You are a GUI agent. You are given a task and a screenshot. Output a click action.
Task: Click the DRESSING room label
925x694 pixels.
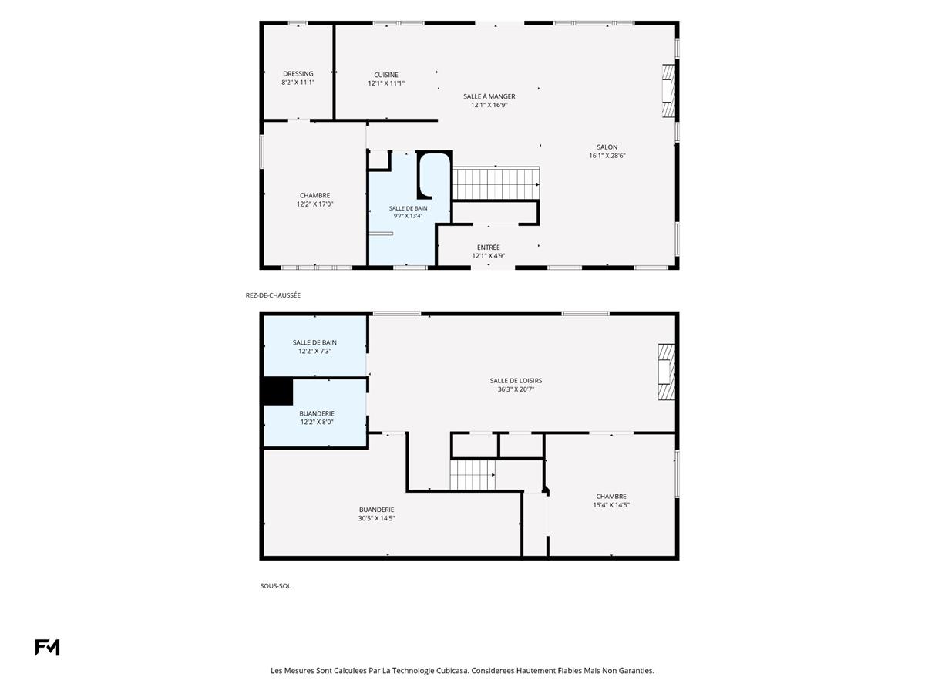point(298,74)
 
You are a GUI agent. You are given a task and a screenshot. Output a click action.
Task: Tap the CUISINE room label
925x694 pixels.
point(386,75)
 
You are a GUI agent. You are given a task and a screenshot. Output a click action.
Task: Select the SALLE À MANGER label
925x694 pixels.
point(489,96)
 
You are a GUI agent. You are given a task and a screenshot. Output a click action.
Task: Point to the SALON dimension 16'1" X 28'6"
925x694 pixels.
point(607,156)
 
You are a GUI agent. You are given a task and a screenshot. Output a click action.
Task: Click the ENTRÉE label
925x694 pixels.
point(489,248)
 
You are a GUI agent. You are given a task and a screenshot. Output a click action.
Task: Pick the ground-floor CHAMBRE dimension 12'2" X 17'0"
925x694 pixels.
point(314,204)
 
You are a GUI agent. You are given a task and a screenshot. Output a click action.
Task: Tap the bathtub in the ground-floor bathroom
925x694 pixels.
point(434,175)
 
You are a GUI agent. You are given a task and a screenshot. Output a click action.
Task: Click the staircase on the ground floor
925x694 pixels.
point(496,184)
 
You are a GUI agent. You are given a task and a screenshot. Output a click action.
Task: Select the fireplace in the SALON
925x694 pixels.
point(668,90)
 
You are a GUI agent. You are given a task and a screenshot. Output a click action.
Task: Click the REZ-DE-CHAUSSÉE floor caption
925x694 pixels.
point(273,295)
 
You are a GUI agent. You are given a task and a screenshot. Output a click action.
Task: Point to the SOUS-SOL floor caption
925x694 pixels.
point(275,586)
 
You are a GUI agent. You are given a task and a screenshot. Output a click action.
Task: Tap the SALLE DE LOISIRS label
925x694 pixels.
point(516,380)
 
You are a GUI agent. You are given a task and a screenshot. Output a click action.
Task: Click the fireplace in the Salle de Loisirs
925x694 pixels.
point(666,372)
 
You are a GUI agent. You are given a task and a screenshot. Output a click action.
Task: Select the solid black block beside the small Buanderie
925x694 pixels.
point(277,391)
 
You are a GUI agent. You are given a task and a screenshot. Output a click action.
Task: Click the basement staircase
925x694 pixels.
point(473,475)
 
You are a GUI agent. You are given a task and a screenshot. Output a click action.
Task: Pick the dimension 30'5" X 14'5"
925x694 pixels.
point(376,518)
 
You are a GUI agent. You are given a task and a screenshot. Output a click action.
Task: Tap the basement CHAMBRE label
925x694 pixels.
point(611,497)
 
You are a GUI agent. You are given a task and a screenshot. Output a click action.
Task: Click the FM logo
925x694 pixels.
point(47,647)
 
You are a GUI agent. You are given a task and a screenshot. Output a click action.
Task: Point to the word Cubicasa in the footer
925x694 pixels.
point(452,670)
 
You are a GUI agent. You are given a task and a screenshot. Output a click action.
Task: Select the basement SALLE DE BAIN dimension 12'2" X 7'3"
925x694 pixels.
point(314,351)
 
